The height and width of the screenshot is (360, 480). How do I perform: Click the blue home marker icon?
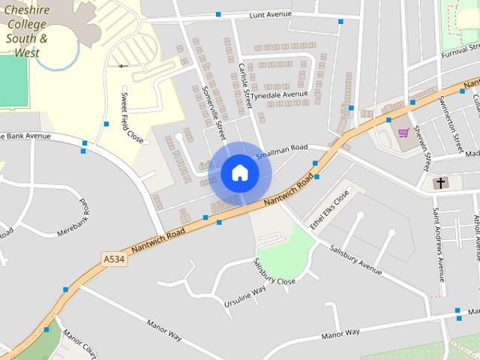(239, 173)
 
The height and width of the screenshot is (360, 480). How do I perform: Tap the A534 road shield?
(112, 259)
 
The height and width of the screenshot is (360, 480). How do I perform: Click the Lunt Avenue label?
(270, 13)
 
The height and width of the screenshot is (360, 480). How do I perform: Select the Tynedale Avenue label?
(279, 95)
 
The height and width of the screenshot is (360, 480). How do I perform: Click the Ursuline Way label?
(245, 298)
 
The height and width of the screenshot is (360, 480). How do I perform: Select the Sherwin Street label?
(423, 152)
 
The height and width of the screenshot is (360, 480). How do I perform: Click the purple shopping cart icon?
(403, 133)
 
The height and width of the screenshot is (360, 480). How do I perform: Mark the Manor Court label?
(79, 344)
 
